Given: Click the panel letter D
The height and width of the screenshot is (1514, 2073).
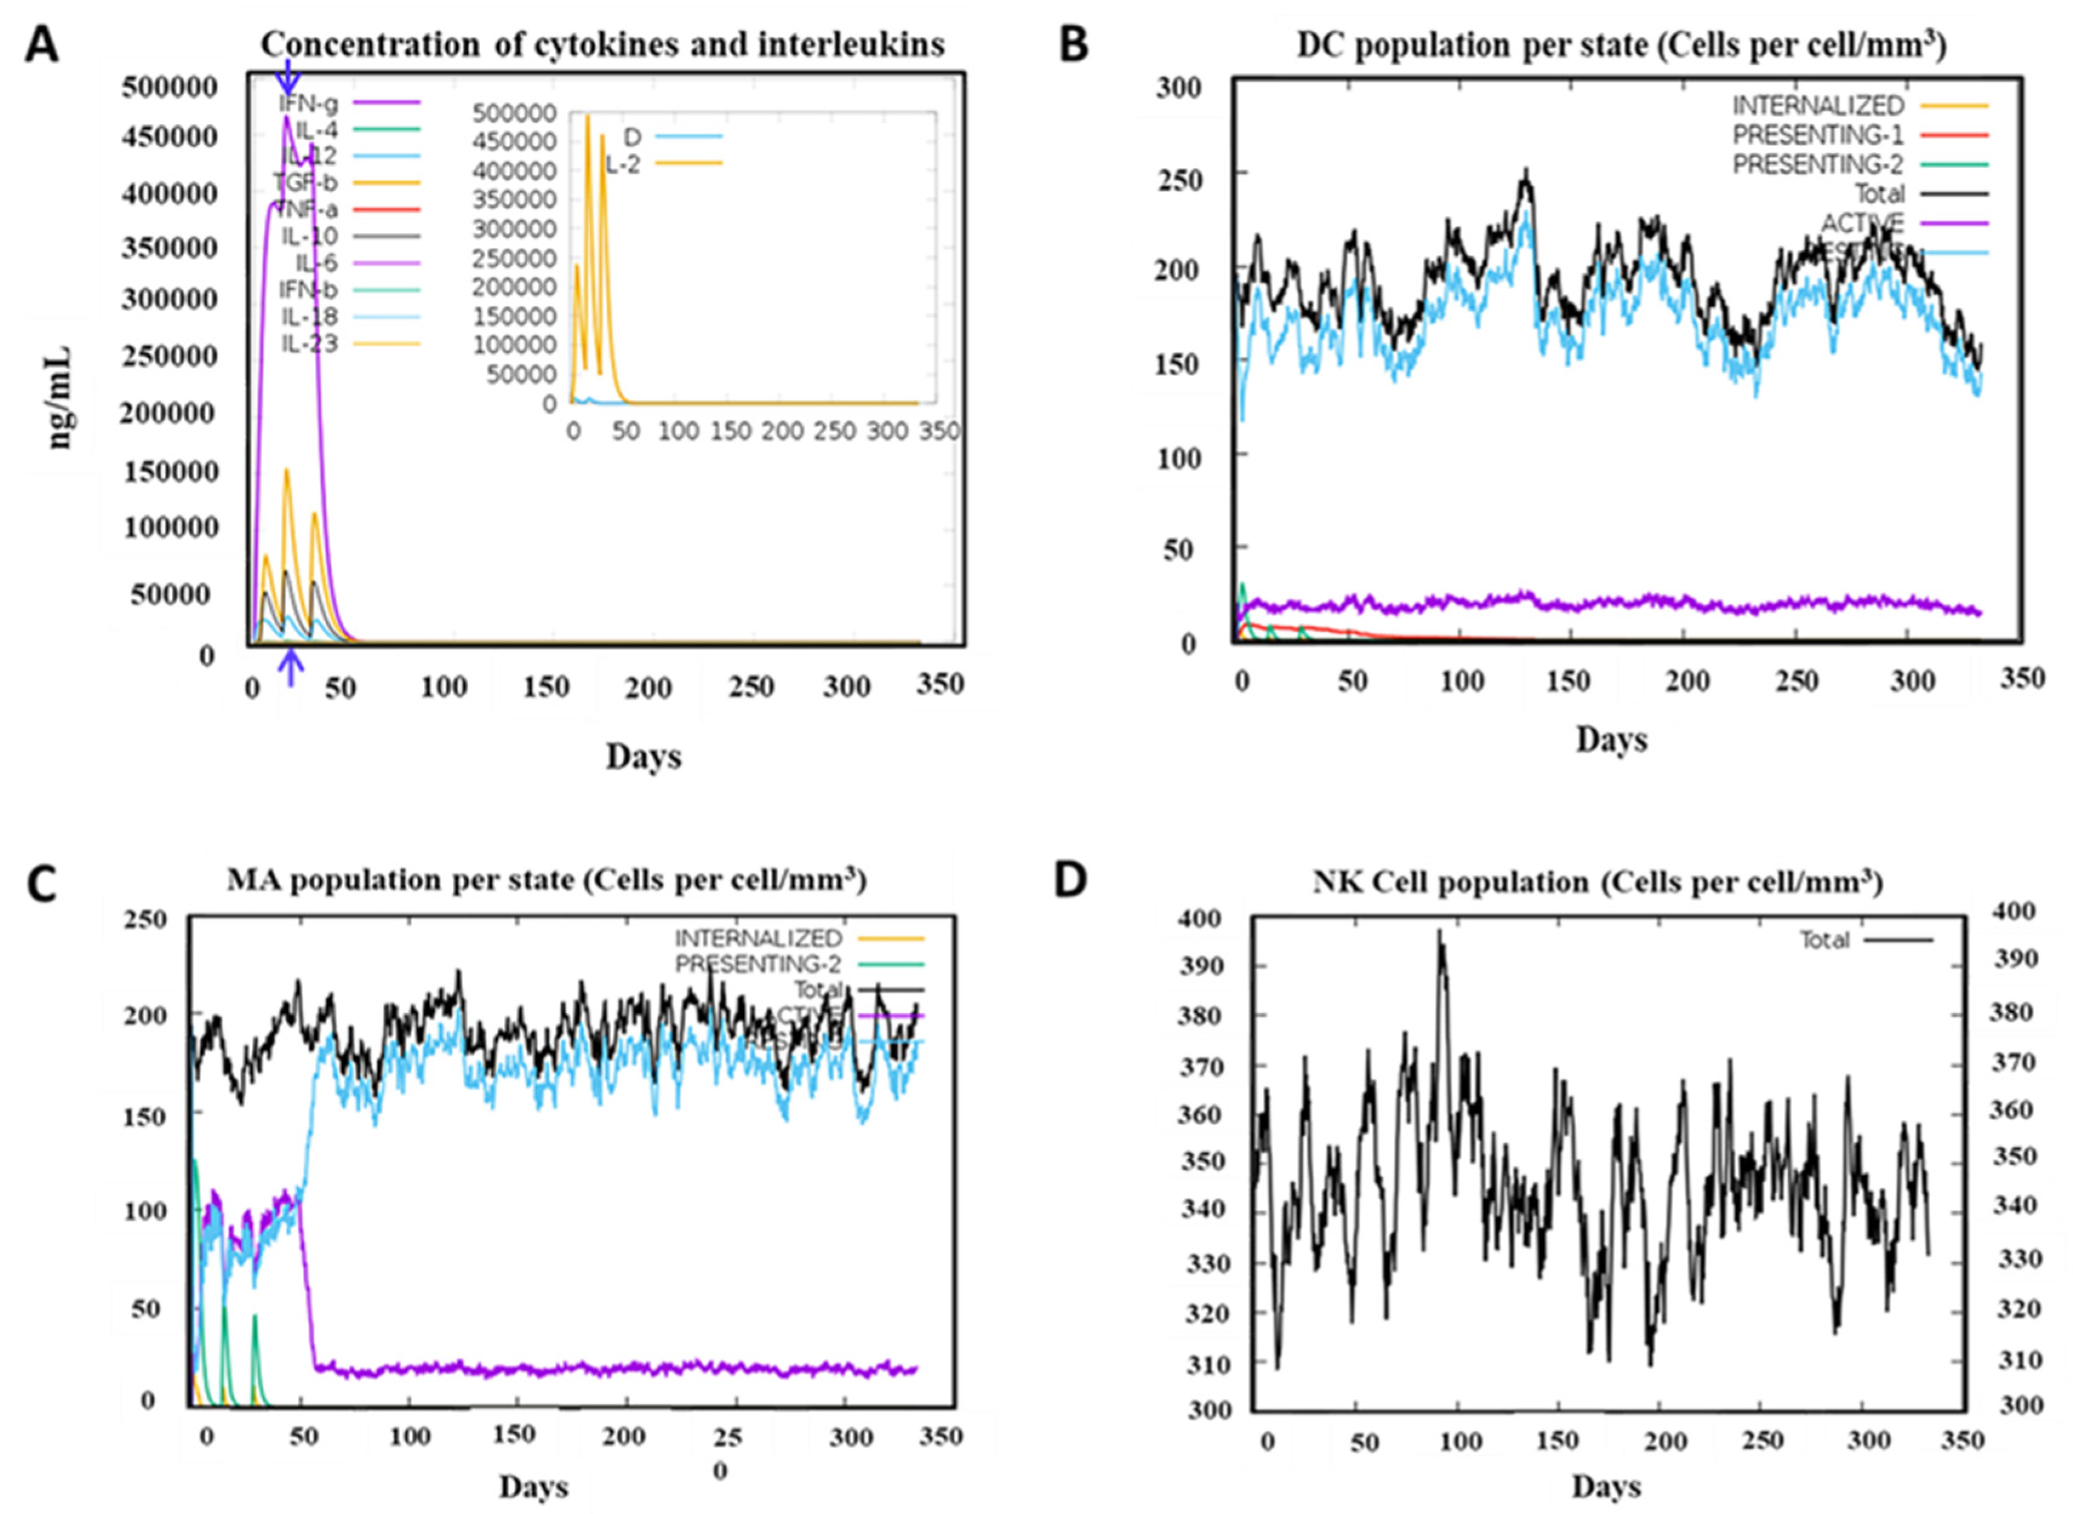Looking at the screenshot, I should click(1070, 879).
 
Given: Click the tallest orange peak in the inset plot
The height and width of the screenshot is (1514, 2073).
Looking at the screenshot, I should click(587, 118).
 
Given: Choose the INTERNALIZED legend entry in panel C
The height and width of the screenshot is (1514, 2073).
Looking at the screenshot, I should click(758, 938).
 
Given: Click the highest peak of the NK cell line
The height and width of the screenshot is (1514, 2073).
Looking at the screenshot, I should click(1439, 932).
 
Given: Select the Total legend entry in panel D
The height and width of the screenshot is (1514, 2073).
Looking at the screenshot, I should click(1825, 940).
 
